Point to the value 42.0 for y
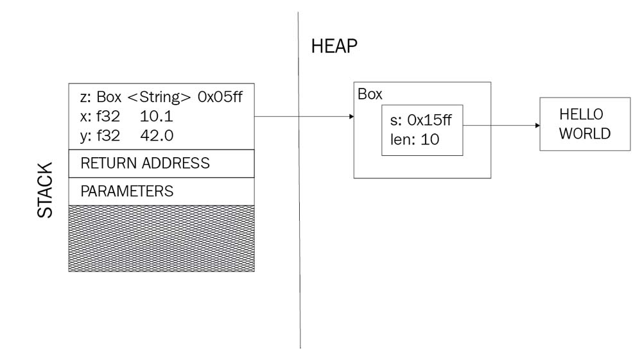click(155, 136)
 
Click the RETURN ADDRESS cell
click(145, 164)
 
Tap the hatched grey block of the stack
click(161, 238)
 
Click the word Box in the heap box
click(370, 94)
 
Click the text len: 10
click(415, 139)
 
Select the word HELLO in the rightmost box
click(582, 114)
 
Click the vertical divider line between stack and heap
click(299, 257)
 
